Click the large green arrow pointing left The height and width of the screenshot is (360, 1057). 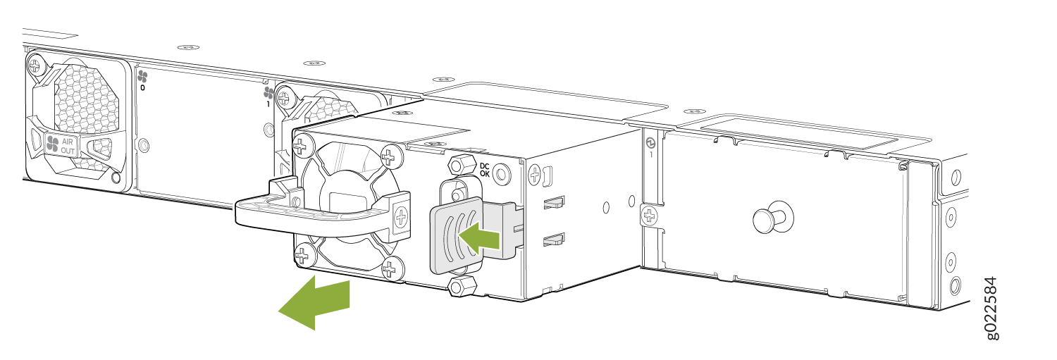click(x=315, y=303)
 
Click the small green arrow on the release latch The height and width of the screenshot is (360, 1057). click(x=479, y=238)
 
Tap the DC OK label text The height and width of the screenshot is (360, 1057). click(x=484, y=170)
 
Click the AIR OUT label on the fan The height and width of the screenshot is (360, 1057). click(x=68, y=146)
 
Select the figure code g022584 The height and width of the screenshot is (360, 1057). click(x=991, y=308)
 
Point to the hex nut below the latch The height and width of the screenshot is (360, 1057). click(x=462, y=286)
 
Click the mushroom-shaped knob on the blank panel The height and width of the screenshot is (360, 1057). click(x=769, y=218)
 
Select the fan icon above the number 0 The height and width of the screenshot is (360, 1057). click(x=142, y=76)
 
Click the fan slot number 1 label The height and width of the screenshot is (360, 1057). click(x=268, y=104)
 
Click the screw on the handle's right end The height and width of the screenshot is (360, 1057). click(x=402, y=218)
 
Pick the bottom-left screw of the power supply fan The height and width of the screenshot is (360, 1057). click(x=302, y=256)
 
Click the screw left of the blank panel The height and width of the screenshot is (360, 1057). click(x=649, y=216)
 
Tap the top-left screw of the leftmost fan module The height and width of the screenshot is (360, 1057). click(x=35, y=66)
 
